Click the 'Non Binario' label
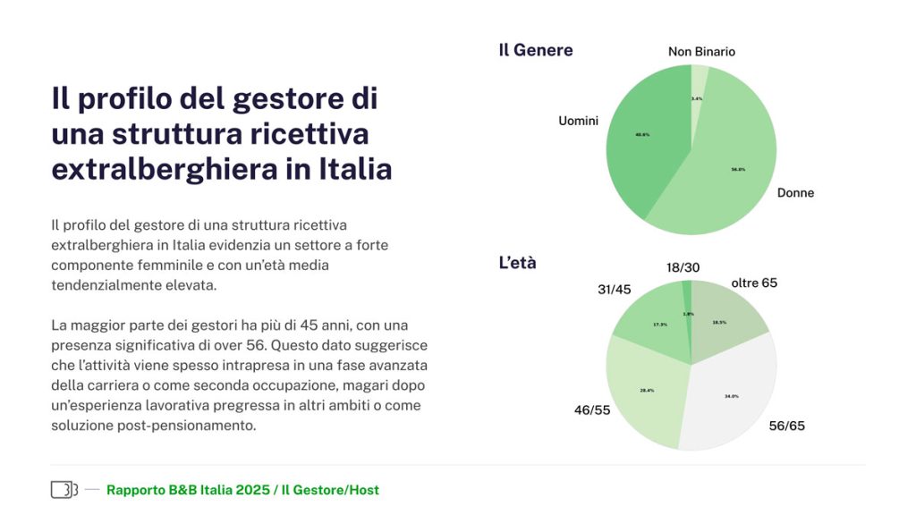tap(701, 52)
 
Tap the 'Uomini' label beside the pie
tap(578, 121)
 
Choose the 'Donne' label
tap(795, 193)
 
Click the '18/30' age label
tap(683, 267)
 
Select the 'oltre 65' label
tap(754, 283)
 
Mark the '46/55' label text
tap(591, 410)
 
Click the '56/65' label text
tap(786, 426)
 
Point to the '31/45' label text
tap(615, 290)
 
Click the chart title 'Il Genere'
tap(536, 50)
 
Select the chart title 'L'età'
tap(517, 264)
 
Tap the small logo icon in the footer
tap(64, 489)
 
